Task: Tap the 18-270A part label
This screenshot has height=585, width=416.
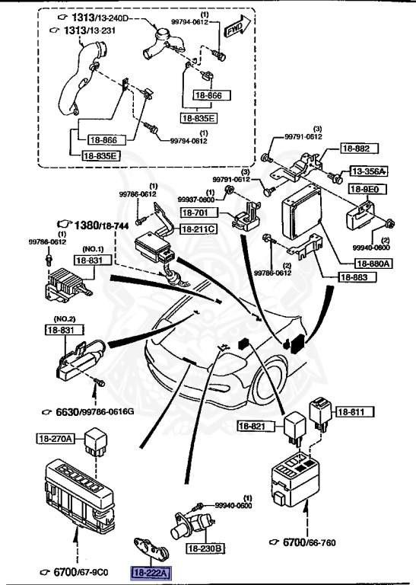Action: [x=57, y=438]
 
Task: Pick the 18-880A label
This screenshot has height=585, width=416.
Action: [x=373, y=264]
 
